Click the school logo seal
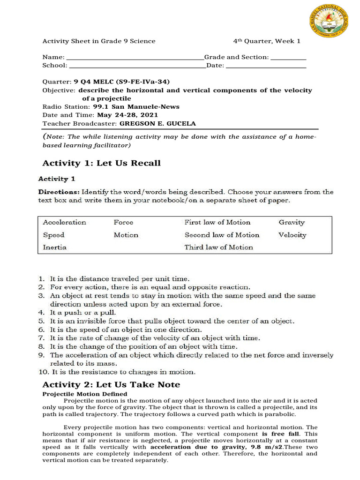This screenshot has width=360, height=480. pyautogui.click(x=329, y=24)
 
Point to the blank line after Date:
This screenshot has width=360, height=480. pyautogui.click(x=266, y=67)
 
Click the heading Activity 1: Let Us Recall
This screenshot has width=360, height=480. pyautogui.click(x=101, y=163)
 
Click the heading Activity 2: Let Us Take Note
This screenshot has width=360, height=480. pyautogui.click(x=111, y=384)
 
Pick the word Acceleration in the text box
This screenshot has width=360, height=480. pyautogui.click(x=64, y=222)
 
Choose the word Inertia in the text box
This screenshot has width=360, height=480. pyautogui.click(x=54, y=247)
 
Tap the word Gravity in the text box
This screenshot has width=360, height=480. pyautogui.click(x=292, y=222)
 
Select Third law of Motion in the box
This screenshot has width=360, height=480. pyautogui.click(x=218, y=247)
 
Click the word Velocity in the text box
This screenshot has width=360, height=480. pyautogui.click(x=292, y=235)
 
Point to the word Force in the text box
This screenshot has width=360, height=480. pyautogui.click(x=123, y=222)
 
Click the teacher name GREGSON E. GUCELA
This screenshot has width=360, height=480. pyautogui.click(x=157, y=124)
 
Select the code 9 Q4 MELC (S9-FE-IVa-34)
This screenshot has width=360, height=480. pyautogui.click(x=120, y=81)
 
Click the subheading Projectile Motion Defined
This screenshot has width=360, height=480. pyautogui.click(x=84, y=394)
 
